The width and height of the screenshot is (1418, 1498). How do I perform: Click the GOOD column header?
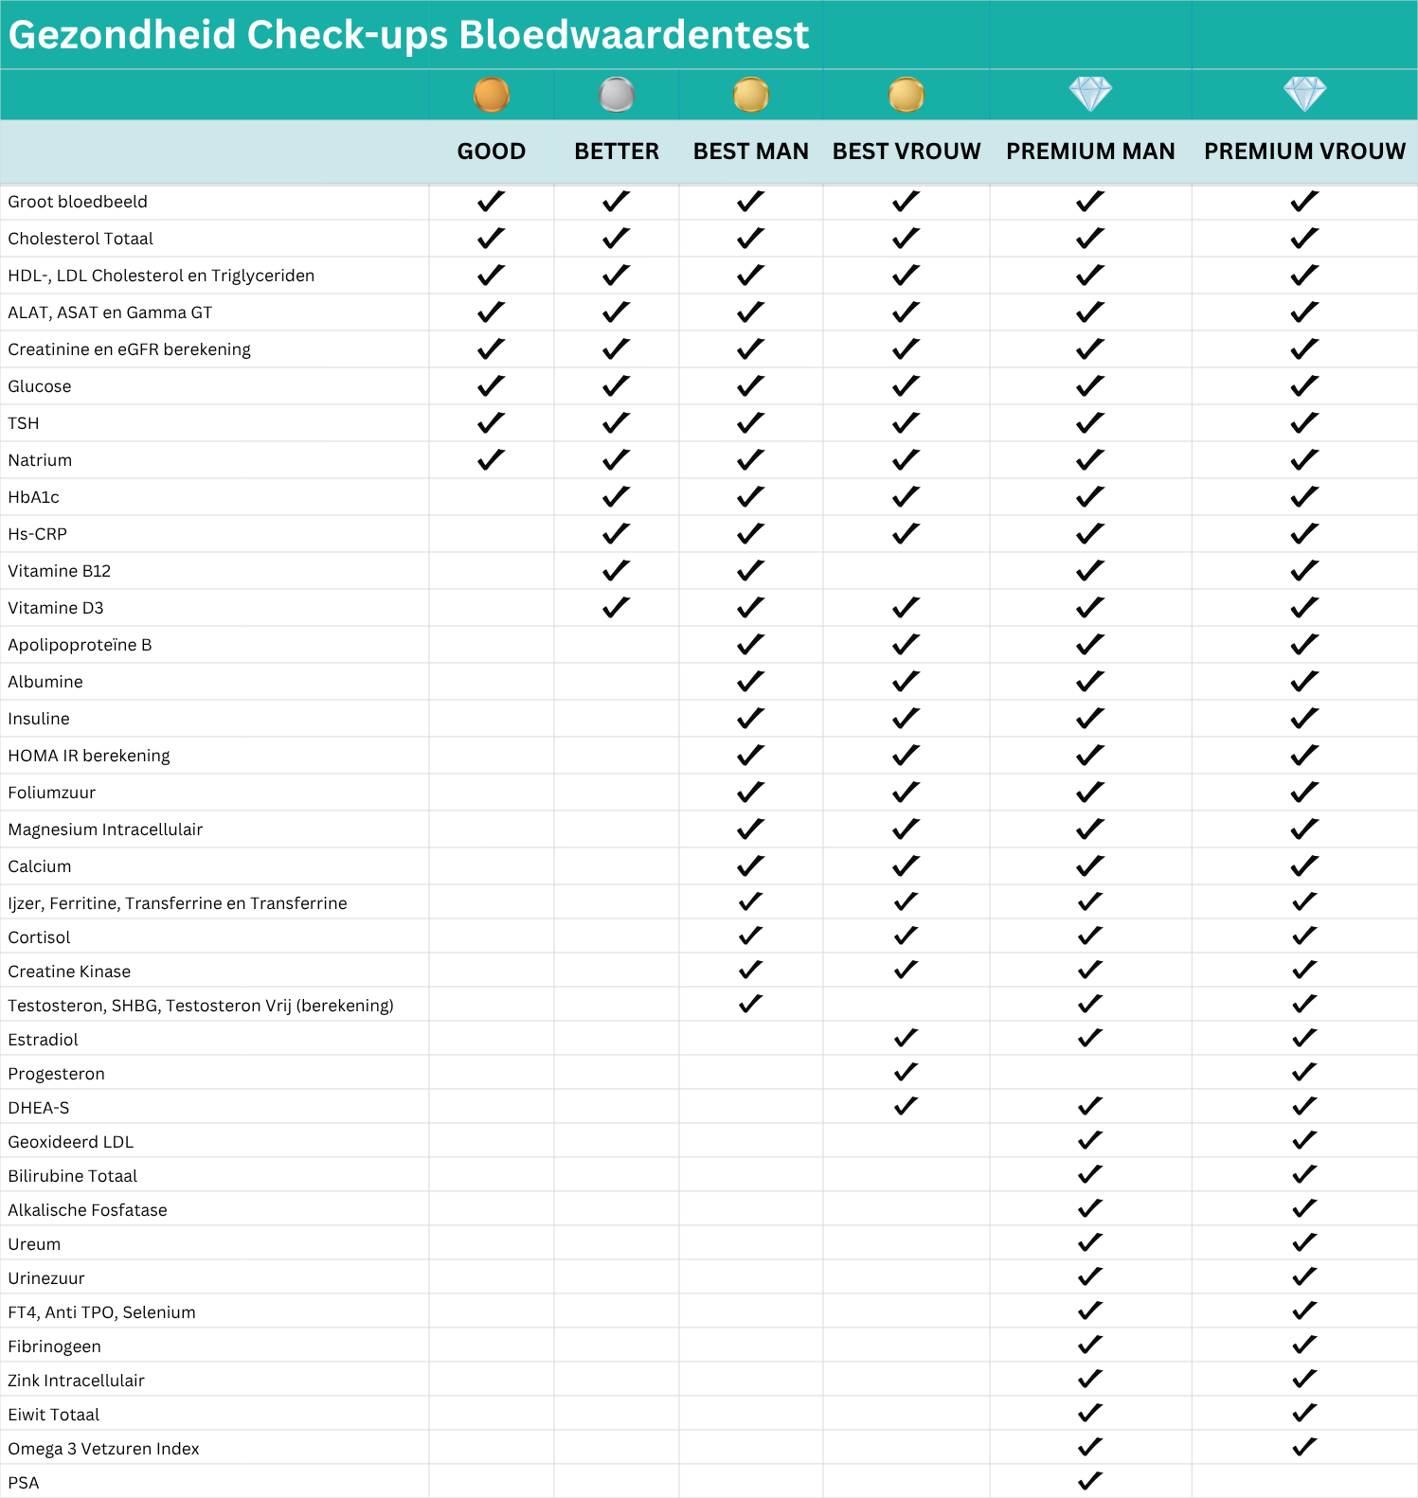491,152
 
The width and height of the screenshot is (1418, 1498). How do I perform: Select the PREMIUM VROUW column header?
1304,152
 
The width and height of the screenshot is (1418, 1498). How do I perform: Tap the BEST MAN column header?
750,152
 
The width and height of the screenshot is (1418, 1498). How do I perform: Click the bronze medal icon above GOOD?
492,95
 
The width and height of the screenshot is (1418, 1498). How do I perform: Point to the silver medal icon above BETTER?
617,95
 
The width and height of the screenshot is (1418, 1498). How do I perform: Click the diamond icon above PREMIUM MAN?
1090,94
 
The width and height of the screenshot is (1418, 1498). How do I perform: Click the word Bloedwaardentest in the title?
634,35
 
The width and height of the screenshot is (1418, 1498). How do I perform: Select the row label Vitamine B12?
60,571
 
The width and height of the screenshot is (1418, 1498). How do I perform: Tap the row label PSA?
24,1483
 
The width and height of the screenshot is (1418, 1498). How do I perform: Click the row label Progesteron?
57,1074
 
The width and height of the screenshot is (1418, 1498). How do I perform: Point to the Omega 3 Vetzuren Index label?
104,1449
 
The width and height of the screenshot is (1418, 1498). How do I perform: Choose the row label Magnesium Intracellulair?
105,829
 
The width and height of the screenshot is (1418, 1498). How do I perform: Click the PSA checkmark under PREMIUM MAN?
1090,1481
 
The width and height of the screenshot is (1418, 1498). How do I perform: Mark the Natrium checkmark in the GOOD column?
491,460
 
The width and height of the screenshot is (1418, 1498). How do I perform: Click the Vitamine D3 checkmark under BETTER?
616,607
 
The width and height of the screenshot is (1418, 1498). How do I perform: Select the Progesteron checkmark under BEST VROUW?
906,1072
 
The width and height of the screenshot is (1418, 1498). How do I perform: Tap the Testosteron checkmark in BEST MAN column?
750,1004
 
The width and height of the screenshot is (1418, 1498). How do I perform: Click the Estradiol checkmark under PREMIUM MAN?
1090,1038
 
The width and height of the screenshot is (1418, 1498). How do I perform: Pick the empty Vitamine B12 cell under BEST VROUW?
906,571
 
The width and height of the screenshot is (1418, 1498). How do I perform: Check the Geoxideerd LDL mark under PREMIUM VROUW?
1304,1140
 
